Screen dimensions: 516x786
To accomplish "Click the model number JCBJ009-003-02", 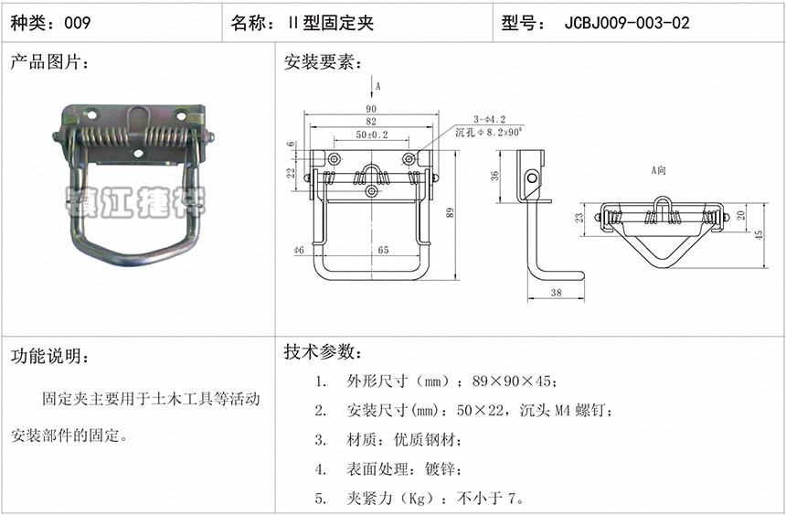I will [x=628, y=23].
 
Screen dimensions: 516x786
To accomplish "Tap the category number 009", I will [x=77, y=23].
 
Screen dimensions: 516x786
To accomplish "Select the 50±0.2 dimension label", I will [x=371, y=134].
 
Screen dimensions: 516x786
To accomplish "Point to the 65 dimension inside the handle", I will [x=382, y=249].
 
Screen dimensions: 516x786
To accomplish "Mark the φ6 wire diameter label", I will [x=298, y=249].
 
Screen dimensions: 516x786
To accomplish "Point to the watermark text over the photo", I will [x=137, y=199].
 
